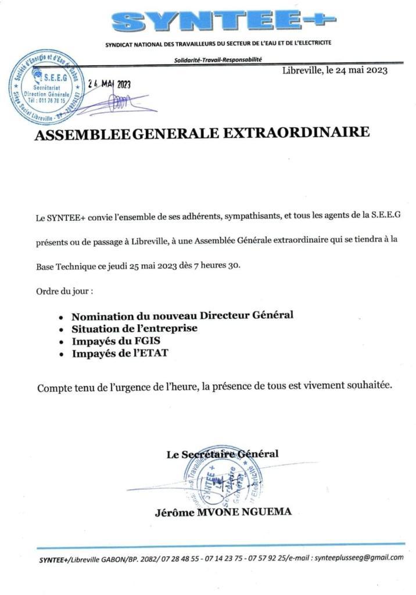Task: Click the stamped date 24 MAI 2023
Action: [109, 84]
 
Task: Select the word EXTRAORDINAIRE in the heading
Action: [295, 133]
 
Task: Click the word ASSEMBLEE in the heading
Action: [83, 135]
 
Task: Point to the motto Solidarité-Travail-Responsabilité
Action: [218, 59]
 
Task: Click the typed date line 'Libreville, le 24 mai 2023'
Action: [335, 71]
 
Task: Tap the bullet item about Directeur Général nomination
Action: [182, 316]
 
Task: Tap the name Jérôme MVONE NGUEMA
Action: [223, 512]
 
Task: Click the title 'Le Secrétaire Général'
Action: [223, 454]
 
